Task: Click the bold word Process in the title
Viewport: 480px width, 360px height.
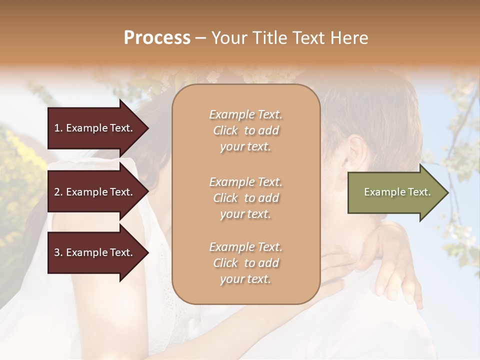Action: pyautogui.click(x=157, y=38)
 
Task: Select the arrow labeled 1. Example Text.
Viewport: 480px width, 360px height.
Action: pyautogui.click(x=95, y=128)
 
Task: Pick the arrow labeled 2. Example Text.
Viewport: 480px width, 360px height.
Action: pyautogui.click(x=95, y=192)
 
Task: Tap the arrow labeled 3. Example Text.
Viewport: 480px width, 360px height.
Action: pyautogui.click(x=95, y=252)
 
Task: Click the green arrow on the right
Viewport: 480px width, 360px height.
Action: pyautogui.click(x=395, y=192)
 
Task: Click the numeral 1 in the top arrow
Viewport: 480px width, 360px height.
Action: pyautogui.click(x=57, y=128)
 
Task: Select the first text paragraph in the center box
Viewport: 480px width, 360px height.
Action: pyautogui.click(x=245, y=130)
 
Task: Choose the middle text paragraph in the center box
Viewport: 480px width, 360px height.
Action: pyautogui.click(x=245, y=197)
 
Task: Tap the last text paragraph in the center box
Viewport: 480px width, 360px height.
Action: pyautogui.click(x=245, y=263)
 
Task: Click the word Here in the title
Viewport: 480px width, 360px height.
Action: pyautogui.click(x=350, y=38)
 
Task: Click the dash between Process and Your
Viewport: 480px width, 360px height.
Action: pyautogui.click(x=201, y=38)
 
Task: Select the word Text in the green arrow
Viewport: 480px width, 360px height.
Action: pyautogui.click(x=420, y=192)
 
